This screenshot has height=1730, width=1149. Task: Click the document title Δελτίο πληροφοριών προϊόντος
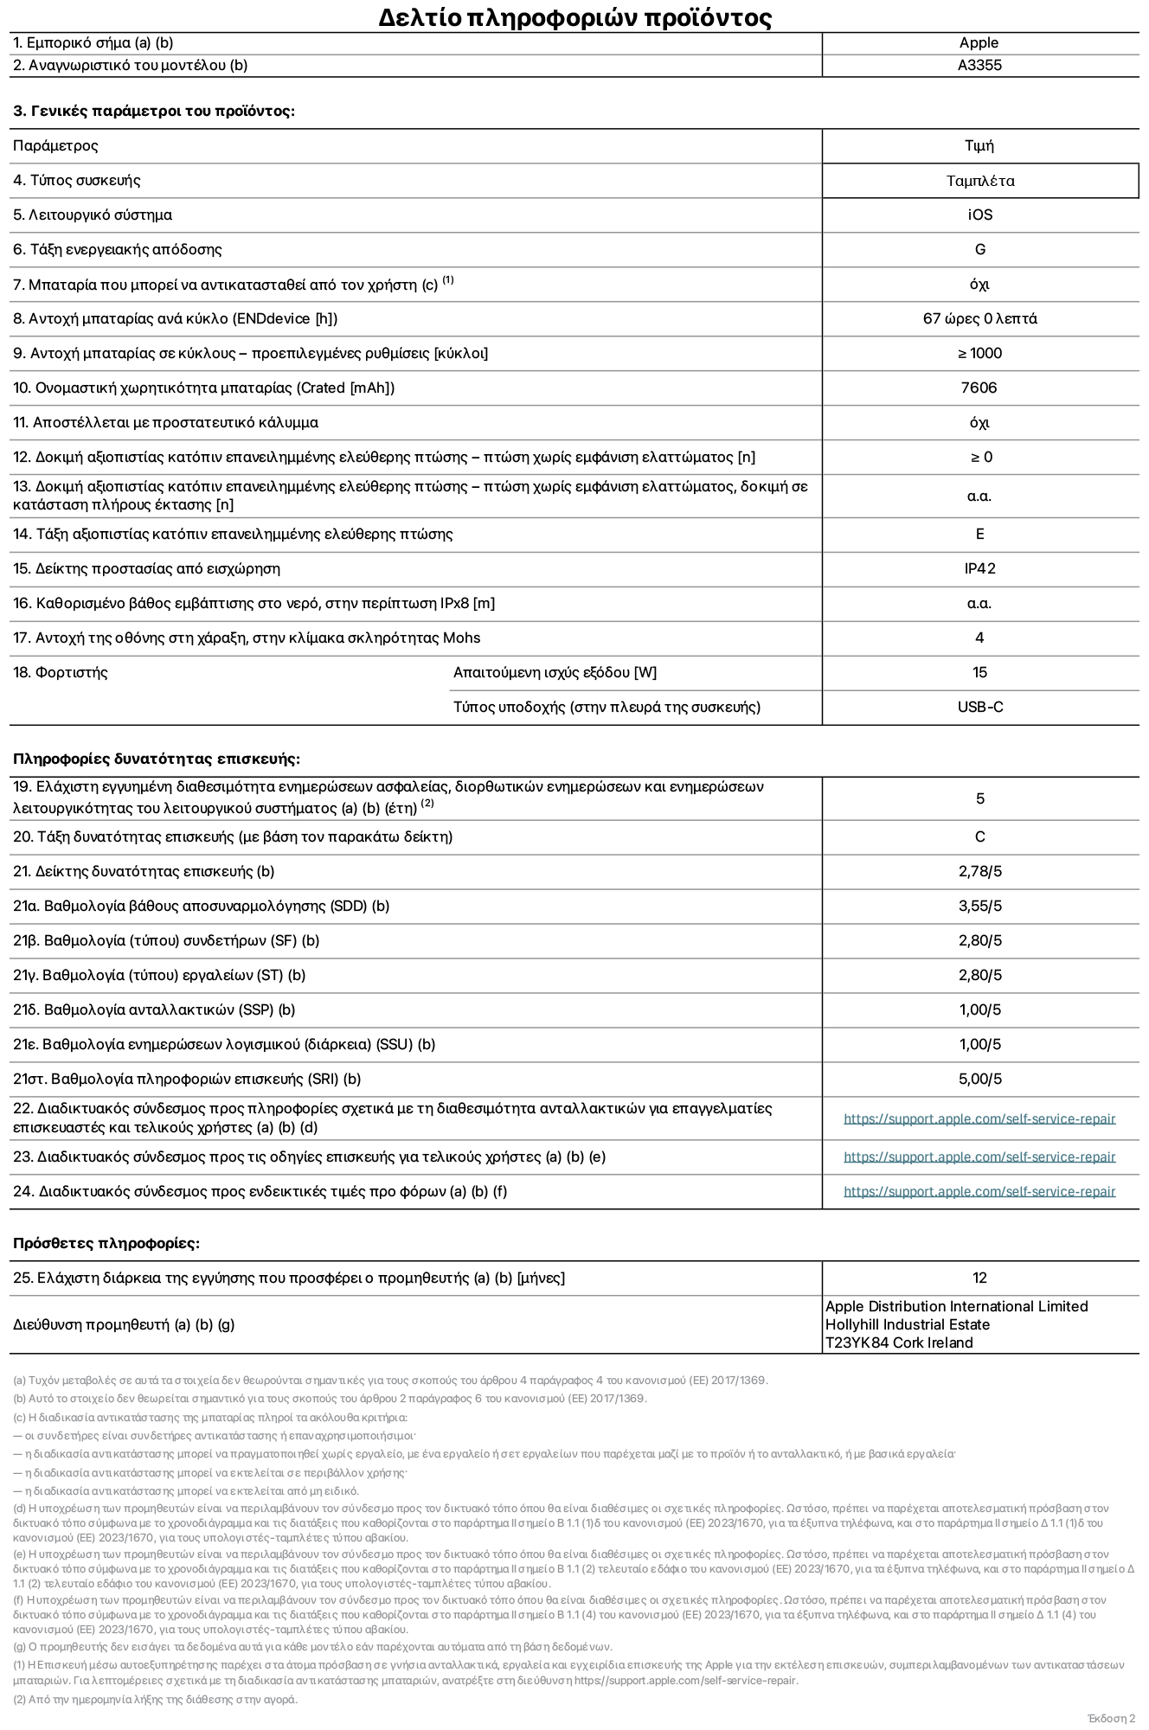(x=574, y=17)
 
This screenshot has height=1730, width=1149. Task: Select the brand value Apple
(x=979, y=43)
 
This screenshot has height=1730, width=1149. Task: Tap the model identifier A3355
(x=979, y=66)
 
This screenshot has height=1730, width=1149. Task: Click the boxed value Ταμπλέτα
(x=980, y=181)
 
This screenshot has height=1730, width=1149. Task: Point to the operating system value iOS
(x=980, y=215)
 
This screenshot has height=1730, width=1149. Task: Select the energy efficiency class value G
(x=980, y=250)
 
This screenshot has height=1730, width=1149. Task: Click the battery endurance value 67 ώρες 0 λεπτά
(x=980, y=319)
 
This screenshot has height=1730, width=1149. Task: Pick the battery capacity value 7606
(x=979, y=388)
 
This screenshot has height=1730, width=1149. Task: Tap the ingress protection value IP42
(x=980, y=569)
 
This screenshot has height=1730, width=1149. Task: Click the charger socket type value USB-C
(x=980, y=708)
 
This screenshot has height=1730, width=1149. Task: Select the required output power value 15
(x=980, y=673)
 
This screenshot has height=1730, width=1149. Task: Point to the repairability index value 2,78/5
(x=980, y=872)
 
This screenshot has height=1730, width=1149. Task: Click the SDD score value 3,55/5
(x=980, y=907)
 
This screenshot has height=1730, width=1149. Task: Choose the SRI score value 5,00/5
(x=980, y=1080)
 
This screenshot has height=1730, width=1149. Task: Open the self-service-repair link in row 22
(x=979, y=1119)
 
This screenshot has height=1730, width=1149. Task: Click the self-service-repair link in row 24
(x=979, y=1192)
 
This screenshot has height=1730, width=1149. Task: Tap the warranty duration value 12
(x=980, y=1278)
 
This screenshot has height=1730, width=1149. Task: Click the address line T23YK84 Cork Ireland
(x=899, y=1343)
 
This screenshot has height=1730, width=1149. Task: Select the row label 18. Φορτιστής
(x=61, y=673)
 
